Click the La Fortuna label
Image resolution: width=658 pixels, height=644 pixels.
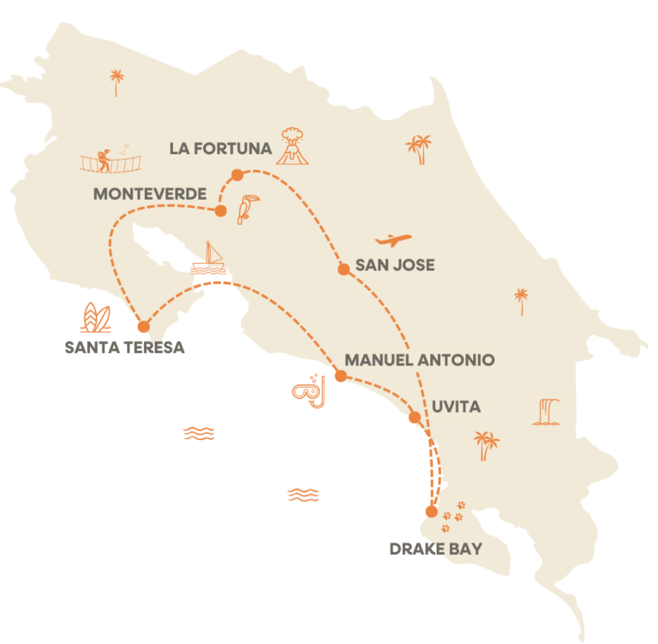click(x=220, y=148)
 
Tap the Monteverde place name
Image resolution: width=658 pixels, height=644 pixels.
click(x=150, y=194)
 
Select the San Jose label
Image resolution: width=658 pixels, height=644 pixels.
click(x=396, y=265)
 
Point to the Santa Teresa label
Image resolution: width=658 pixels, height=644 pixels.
click(x=124, y=347)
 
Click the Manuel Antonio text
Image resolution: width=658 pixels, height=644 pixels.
click(x=419, y=360)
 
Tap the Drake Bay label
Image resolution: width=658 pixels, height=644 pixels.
click(x=435, y=549)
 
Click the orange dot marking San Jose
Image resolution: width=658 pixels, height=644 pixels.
click(x=344, y=269)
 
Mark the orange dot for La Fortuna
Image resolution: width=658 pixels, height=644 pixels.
click(x=237, y=175)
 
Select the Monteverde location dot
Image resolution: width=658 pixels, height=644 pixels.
click(x=220, y=211)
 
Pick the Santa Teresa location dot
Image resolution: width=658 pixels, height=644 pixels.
click(x=143, y=327)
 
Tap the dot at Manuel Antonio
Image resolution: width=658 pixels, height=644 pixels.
click(x=339, y=376)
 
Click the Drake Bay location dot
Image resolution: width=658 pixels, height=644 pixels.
click(x=431, y=512)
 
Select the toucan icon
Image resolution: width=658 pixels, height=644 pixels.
click(x=248, y=208)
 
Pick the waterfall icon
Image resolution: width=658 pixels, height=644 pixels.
click(x=547, y=412)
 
